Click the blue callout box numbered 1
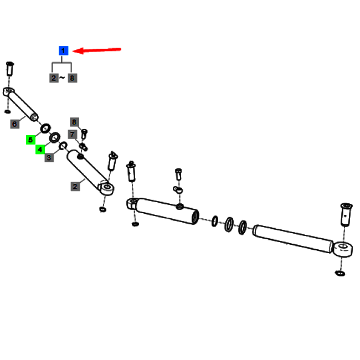coord(63,50)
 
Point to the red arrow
coord(97,50)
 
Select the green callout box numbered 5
coord(30,140)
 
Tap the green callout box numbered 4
coord(40,150)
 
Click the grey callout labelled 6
coord(15,124)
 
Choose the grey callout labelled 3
coord(49,158)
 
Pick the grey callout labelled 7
coord(73,135)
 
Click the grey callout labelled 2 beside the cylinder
coord(75,187)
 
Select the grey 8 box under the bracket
coord(73,78)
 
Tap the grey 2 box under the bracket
coord(54,78)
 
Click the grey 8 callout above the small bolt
coord(74,122)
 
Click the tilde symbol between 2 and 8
coord(62,78)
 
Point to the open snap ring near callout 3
coord(63,146)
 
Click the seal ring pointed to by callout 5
coord(45,128)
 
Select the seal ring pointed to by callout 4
coord(55,137)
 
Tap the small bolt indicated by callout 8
coord(84,134)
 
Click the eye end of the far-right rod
coord(343,249)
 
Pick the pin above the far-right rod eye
coord(346,214)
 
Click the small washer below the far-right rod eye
coord(340,273)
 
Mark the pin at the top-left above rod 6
coord(9,69)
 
